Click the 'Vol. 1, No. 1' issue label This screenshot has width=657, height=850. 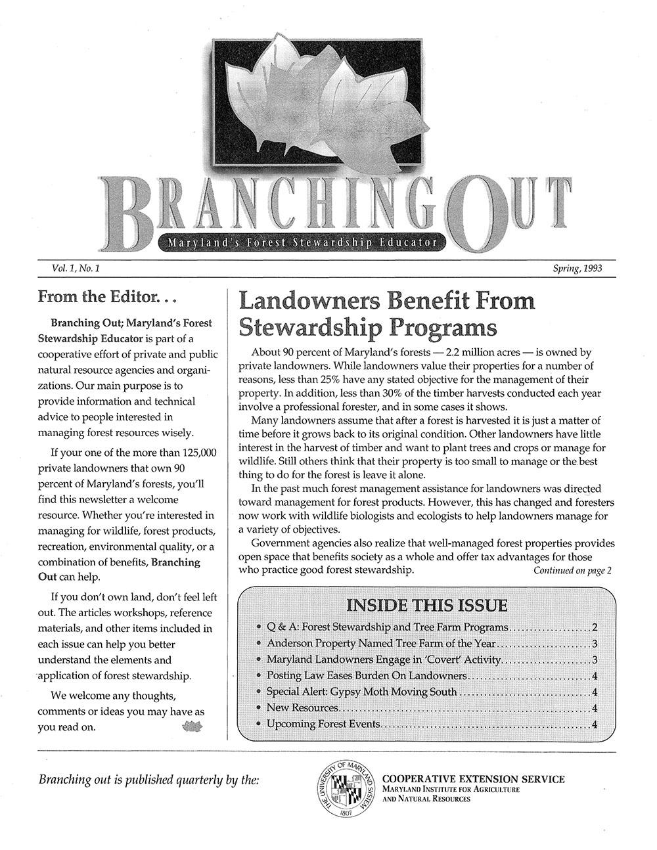coord(74,269)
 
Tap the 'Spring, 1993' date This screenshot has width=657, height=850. coord(578,269)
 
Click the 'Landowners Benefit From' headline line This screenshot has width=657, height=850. coord(386,301)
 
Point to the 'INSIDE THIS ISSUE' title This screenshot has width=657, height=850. coord(426,605)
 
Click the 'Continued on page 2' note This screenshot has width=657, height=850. coord(572,570)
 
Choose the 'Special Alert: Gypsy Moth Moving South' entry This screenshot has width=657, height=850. coord(361,692)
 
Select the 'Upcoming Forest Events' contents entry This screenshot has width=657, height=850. coord(323,725)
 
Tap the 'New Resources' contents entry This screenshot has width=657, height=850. coord(302,708)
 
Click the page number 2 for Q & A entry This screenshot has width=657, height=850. coord(595,627)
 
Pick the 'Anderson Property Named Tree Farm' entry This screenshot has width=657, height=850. coord(381,643)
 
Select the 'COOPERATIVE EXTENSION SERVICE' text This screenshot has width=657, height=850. coord(472,779)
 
